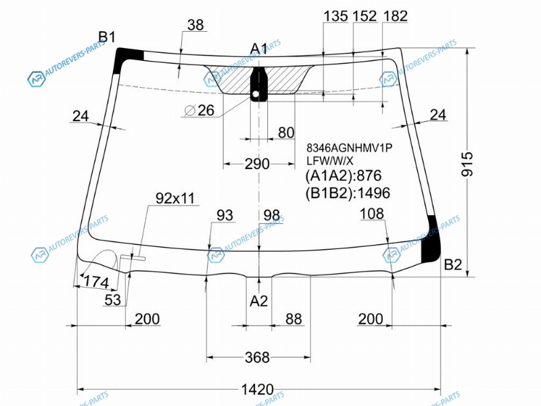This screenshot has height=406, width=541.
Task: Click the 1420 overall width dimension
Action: tap(258, 390)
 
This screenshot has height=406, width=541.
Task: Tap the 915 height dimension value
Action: tap(467, 164)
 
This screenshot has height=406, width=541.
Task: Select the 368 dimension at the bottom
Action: tap(257, 357)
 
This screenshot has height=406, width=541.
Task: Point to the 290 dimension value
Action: tap(257, 164)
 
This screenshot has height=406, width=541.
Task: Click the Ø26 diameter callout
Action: tap(199, 110)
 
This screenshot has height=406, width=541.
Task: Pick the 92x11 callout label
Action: tap(175, 198)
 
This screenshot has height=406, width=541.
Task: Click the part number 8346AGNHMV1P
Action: tap(350, 148)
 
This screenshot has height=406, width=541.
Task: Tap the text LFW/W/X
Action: tap(330, 160)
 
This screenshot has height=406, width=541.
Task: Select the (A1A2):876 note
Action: tap(344, 175)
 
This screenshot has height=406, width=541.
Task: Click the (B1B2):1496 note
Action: tap(348, 193)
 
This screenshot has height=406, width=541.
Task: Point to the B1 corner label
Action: tap(107, 37)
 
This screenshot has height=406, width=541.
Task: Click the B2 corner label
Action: tap(452, 265)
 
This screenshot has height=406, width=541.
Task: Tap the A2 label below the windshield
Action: tap(259, 301)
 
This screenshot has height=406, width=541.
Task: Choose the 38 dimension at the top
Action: tap(195, 25)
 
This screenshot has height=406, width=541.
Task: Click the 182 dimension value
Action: tap(396, 16)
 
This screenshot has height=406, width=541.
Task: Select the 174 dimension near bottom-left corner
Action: tap(96, 281)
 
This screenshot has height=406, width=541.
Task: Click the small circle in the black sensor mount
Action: tap(256, 94)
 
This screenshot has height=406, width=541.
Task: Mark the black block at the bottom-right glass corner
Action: tap(431, 239)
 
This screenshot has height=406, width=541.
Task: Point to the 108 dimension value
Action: tap(371, 214)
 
